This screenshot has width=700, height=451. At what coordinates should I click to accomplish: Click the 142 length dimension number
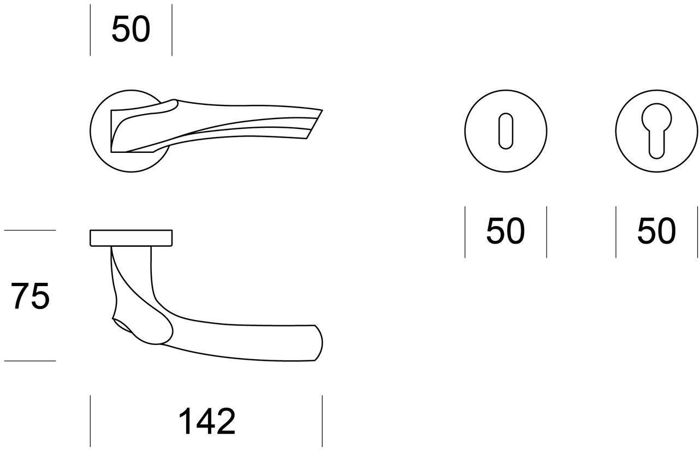(207, 422)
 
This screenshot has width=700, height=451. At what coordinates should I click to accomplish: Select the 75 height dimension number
(31, 296)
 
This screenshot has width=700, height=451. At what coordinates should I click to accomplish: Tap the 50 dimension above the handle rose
(130, 29)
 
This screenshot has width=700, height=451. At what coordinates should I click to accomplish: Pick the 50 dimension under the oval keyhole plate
(505, 231)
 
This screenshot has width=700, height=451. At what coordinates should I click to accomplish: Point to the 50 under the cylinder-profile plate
(656, 231)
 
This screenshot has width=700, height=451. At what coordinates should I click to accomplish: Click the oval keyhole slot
(506, 130)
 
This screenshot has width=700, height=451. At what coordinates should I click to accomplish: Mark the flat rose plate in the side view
(131, 238)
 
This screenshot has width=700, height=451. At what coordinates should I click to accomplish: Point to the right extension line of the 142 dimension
(322, 420)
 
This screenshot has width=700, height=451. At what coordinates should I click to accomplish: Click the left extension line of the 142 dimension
(90, 420)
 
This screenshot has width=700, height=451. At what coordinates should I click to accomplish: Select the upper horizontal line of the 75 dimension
(30, 230)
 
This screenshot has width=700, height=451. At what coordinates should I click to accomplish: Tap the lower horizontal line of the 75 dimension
(30, 360)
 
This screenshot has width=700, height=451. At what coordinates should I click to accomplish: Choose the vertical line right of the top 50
(172, 30)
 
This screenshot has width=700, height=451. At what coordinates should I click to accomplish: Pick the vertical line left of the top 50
(90, 30)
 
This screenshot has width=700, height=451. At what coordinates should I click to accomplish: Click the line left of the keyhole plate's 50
(465, 232)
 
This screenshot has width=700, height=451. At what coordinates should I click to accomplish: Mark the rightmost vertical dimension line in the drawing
(697, 232)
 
